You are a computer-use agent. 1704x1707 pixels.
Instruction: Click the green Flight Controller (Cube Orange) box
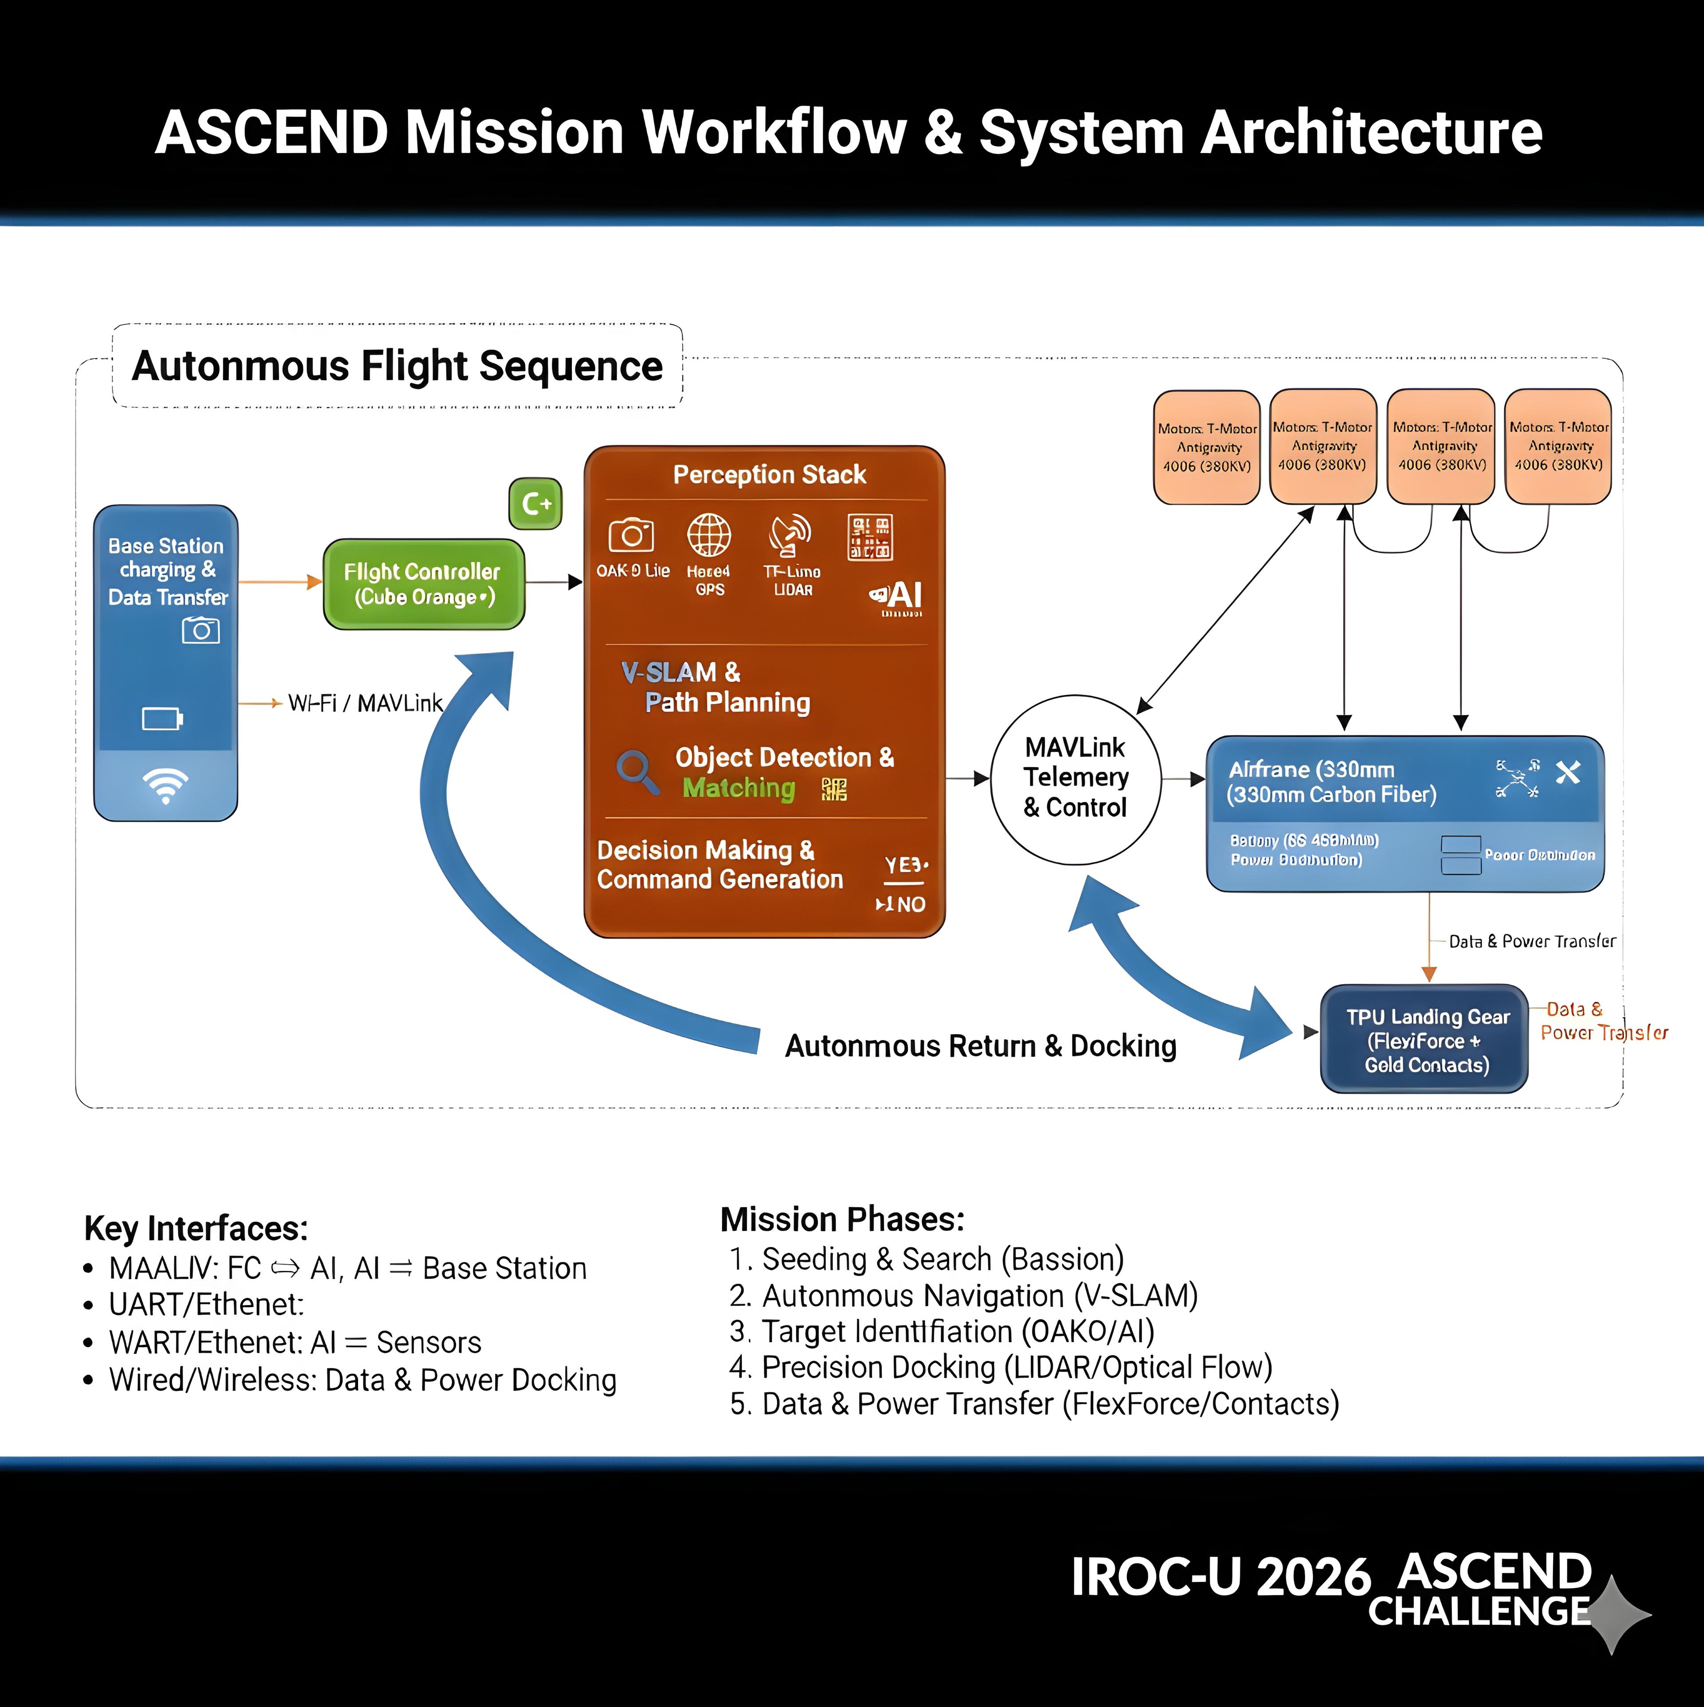[423, 584]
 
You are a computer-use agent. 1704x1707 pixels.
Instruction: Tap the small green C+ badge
[536, 504]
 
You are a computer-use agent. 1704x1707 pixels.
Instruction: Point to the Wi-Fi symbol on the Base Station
[165, 785]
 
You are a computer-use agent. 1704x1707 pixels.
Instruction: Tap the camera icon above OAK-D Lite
[631, 535]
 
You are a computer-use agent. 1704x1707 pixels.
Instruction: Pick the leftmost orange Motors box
[1207, 447]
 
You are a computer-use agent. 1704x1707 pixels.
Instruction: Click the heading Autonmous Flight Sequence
[397, 366]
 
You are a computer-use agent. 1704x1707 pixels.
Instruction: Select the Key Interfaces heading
[196, 1228]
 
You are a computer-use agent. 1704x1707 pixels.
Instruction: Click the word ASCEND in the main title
[272, 133]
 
